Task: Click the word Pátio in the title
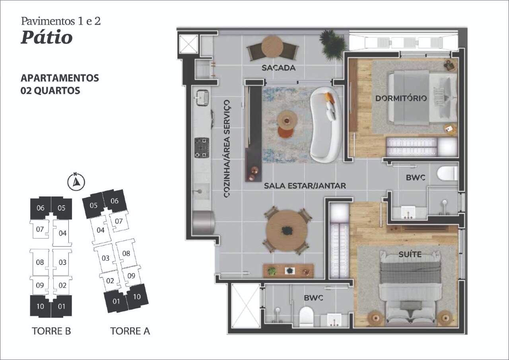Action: tap(47, 37)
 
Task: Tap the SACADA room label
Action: tap(279, 68)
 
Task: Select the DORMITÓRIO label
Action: tap(401, 98)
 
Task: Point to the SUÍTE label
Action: tap(410, 254)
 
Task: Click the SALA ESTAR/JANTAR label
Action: tap(305, 186)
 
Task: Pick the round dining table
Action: tap(287, 230)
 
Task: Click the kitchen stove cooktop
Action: tap(202, 148)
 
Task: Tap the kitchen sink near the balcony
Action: tap(202, 97)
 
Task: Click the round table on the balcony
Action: tap(272, 47)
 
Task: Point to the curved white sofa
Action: tap(325, 125)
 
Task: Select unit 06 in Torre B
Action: tap(41, 208)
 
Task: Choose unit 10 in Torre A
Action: tap(137, 297)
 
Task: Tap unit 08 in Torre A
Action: tap(126, 253)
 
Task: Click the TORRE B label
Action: tap(51, 331)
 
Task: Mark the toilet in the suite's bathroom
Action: tap(306, 317)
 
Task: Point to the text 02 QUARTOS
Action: tap(50, 90)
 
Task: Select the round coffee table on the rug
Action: tap(287, 120)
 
